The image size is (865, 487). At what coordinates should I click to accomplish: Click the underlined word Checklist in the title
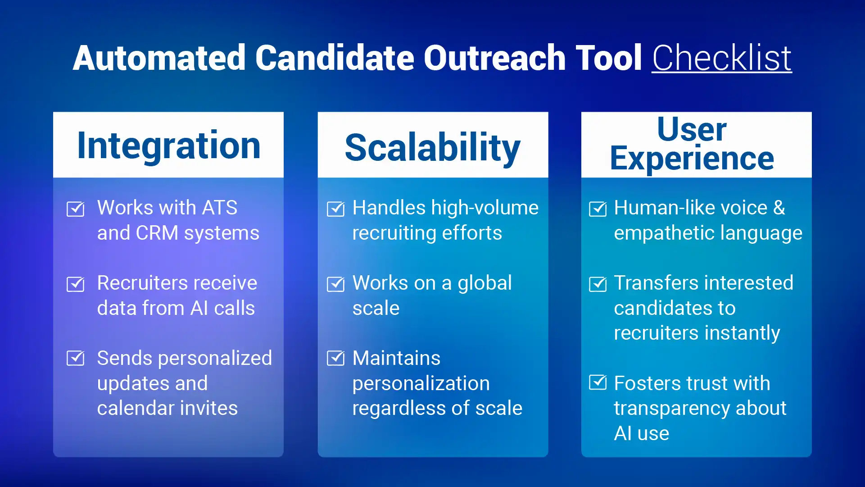[721, 59]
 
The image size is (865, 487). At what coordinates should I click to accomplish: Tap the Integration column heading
[169, 146]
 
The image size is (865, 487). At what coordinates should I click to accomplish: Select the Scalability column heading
[432, 148]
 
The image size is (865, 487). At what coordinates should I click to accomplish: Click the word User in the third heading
[692, 129]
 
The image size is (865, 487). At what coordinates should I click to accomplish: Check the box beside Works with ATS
[75, 209]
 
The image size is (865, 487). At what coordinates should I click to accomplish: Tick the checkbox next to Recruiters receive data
[75, 284]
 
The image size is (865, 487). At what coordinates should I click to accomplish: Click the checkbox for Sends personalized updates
[75, 358]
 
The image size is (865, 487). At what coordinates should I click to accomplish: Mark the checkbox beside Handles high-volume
[335, 209]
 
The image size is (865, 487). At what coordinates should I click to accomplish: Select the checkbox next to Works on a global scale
[335, 284]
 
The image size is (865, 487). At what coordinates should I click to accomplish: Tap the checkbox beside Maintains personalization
[335, 358]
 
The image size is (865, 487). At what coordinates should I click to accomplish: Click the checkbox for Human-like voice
[598, 209]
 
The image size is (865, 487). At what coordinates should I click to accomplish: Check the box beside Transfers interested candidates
[598, 284]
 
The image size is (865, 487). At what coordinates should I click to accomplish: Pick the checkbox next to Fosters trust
[598, 382]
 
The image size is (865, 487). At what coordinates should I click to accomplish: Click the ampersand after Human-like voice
[779, 208]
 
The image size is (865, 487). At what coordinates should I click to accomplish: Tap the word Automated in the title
[159, 59]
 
